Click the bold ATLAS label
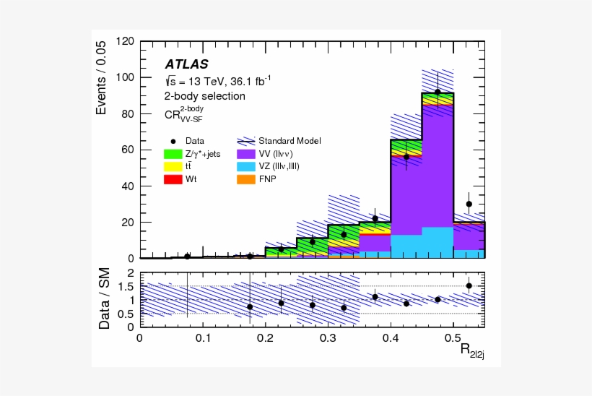(x=187, y=64)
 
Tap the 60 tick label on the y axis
(x=128, y=150)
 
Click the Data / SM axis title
(x=105, y=300)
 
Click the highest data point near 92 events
(x=438, y=92)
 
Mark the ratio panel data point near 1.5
(x=469, y=285)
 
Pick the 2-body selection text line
(x=205, y=96)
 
